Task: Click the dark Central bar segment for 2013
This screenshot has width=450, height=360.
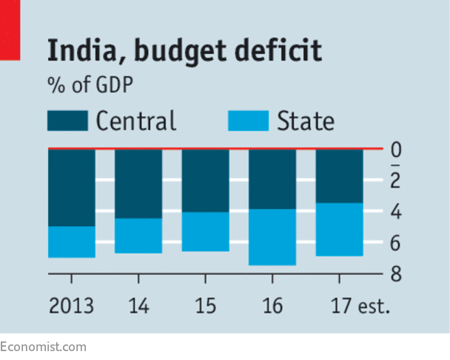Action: point(72,187)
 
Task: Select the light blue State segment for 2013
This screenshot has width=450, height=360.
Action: point(72,241)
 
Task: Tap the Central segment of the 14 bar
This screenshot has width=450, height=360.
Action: point(138,184)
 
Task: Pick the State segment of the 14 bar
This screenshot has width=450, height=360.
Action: point(138,236)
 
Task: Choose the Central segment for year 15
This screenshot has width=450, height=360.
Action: point(205,181)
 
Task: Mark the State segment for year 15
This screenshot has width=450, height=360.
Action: point(205,231)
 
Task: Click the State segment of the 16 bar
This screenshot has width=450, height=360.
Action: point(272,237)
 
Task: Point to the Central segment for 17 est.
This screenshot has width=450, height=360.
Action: point(339,176)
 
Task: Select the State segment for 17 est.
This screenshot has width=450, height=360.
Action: point(339,229)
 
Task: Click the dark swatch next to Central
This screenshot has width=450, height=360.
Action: point(67,121)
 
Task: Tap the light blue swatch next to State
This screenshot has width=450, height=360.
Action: point(249,121)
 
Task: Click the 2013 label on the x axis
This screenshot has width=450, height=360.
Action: point(71,306)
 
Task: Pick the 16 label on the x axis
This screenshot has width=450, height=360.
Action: point(272,306)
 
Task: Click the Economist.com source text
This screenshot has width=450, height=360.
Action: point(43,346)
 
